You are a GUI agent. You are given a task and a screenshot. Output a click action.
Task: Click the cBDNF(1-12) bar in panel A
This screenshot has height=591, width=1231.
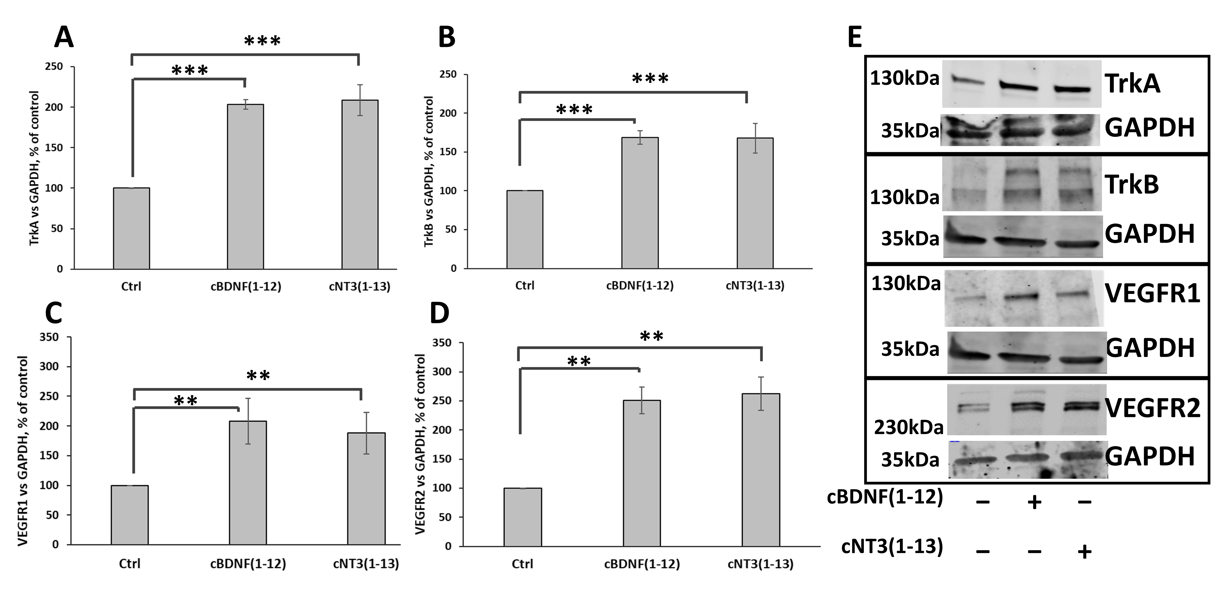pyautogui.click(x=245, y=186)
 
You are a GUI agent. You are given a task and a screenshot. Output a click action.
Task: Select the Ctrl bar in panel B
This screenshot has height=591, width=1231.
pyautogui.click(x=525, y=229)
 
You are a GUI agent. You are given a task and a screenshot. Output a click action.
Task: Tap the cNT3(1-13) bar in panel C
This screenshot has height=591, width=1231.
pyautogui.click(x=366, y=489)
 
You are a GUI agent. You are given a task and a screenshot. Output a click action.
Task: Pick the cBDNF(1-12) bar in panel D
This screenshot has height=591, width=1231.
pyautogui.click(x=642, y=473)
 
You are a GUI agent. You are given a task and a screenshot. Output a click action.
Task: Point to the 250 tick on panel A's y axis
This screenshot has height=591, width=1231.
pyautogui.click(x=54, y=66)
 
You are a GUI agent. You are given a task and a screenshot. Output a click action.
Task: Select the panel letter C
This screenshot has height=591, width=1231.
pyautogui.click(x=54, y=314)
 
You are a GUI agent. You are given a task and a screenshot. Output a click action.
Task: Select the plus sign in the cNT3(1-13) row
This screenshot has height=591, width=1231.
pyautogui.click(x=1085, y=551)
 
